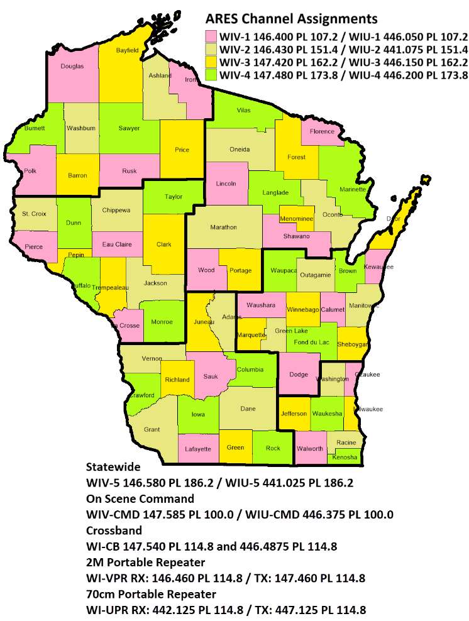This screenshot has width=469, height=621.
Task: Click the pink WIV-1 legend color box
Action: pos(211,36)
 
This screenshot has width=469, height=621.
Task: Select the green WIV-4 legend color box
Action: pos(211,75)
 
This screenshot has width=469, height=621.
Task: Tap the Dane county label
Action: pos(248,409)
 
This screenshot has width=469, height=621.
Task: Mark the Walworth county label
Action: pos(311,449)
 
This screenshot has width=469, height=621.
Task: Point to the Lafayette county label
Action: pos(199,449)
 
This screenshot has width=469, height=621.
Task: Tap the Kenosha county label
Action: pos(346,457)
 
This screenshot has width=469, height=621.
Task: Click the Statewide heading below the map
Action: pos(113,468)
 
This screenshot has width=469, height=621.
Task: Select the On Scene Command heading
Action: pos(140,499)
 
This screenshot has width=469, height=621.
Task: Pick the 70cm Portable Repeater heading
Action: pos(151,594)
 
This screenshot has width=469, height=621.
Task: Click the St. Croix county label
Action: pos(33,214)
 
